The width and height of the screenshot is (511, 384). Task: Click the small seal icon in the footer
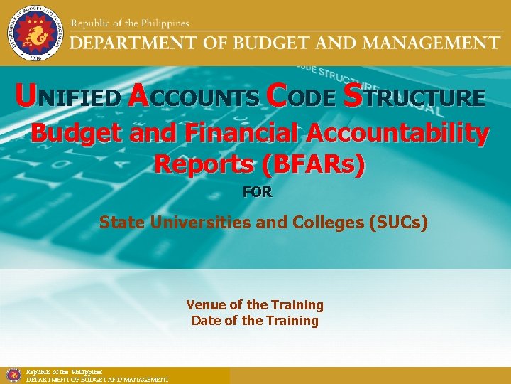point(13,375)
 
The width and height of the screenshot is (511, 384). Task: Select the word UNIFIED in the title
point(68,97)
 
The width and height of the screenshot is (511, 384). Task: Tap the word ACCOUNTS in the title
point(194,97)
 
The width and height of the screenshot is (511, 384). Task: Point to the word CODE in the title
point(299,97)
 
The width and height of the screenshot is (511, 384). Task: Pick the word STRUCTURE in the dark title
point(414,97)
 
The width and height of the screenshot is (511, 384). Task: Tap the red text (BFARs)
point(313,164)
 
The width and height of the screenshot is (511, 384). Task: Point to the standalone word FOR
point(257,192)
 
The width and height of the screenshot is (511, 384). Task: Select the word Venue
point(204,305)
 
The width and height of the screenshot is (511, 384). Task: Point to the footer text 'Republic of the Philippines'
point(64,372)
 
